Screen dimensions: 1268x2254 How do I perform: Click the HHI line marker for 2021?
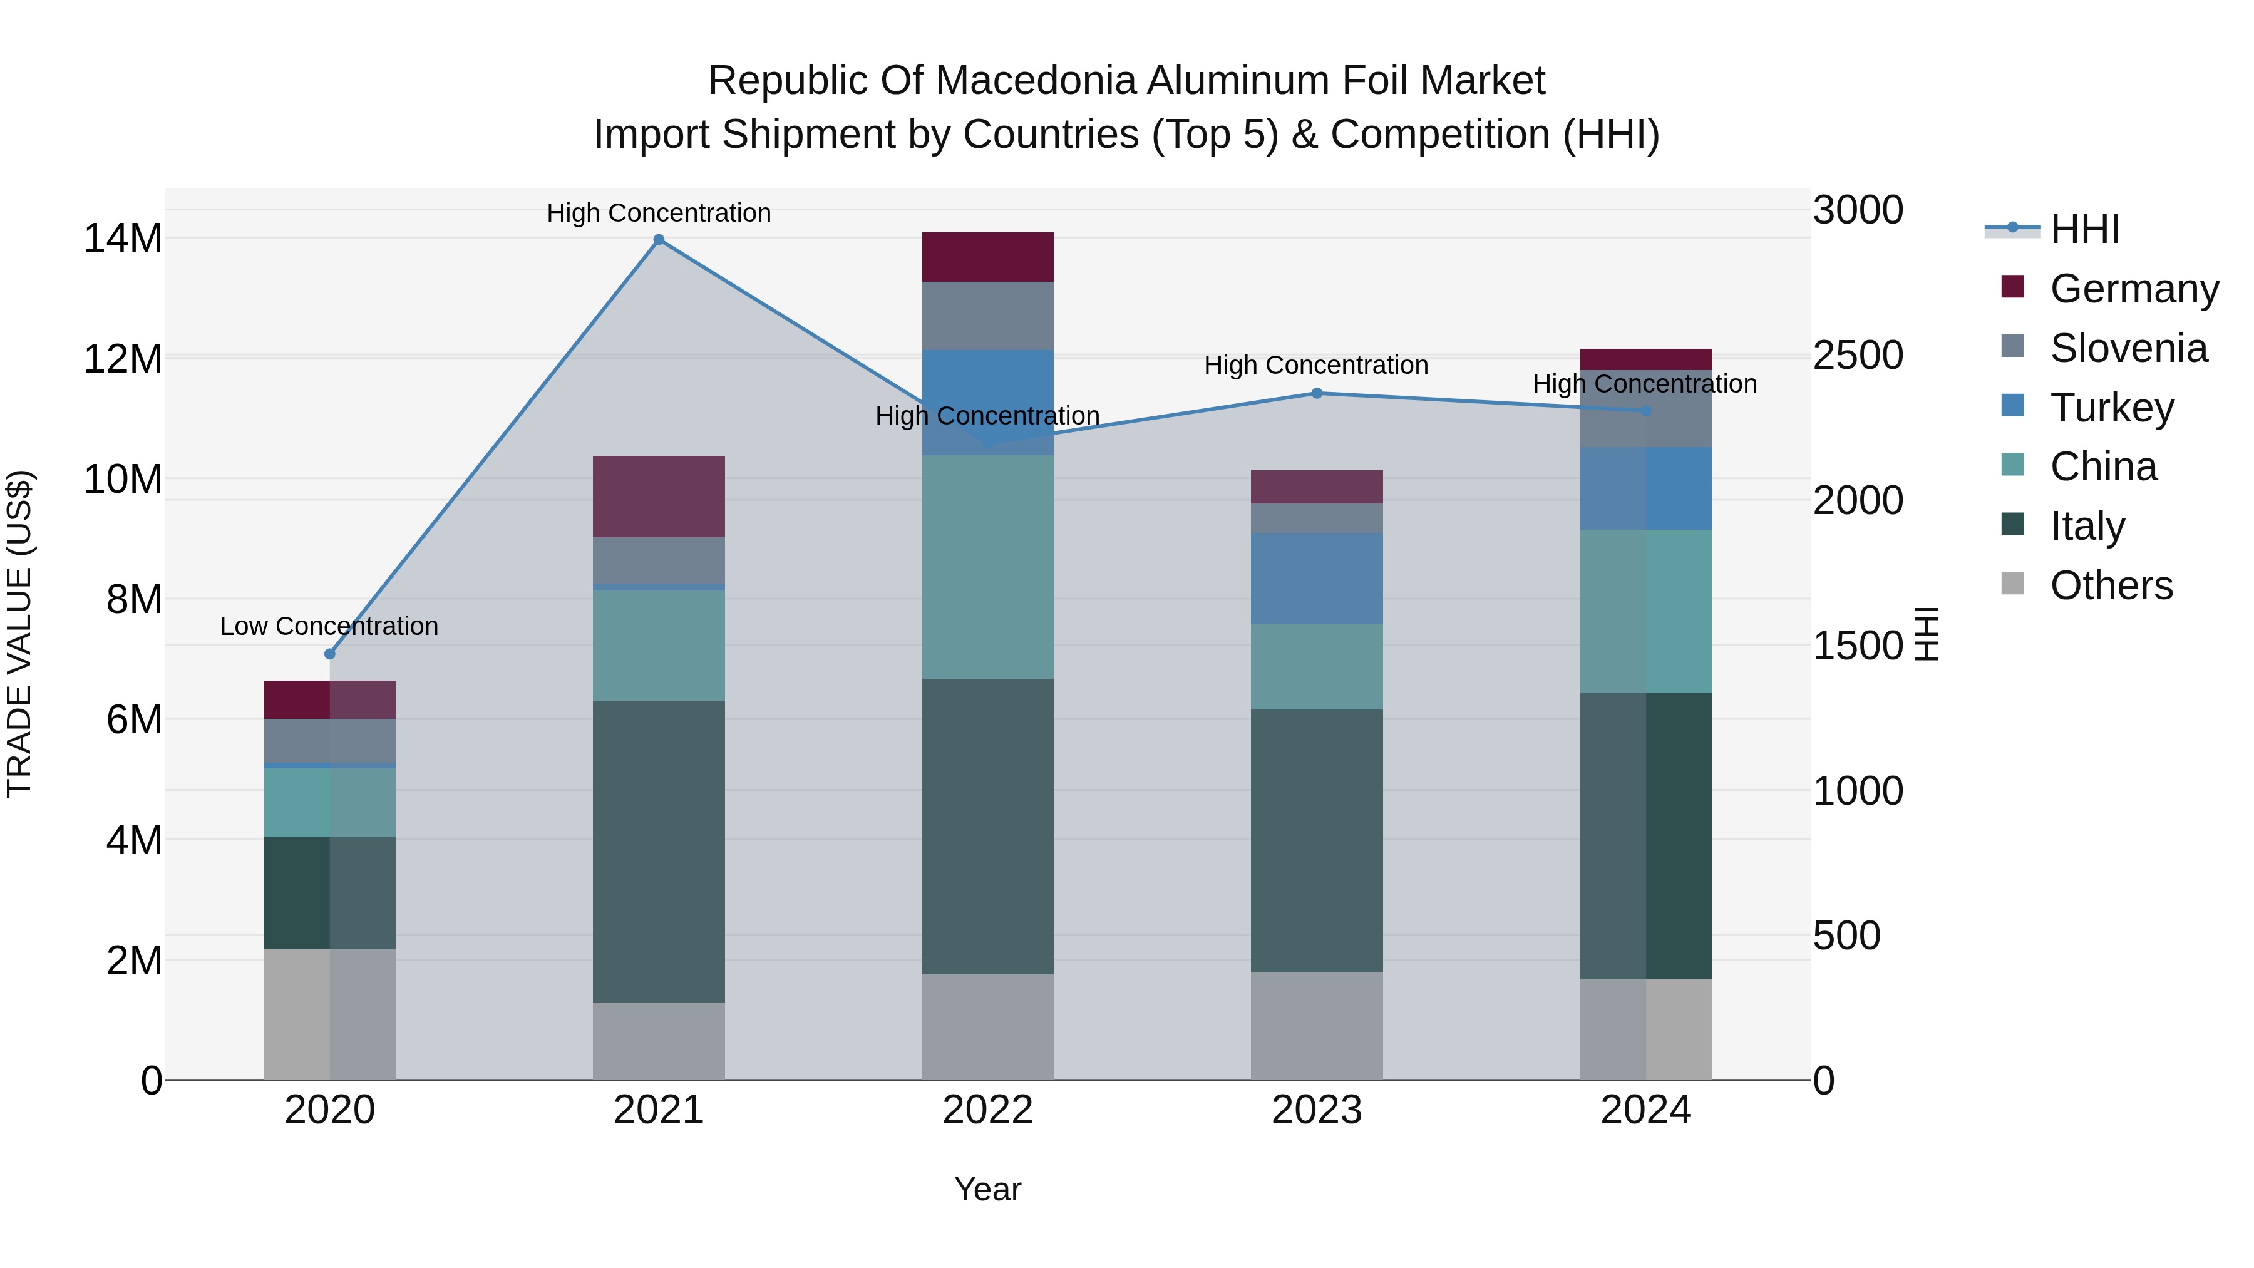click(659, 240)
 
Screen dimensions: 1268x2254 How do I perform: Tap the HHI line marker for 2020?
click(330, 654)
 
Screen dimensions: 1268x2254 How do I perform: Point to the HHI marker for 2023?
click(1317, 393)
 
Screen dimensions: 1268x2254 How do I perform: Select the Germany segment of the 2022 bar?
click(988, 257)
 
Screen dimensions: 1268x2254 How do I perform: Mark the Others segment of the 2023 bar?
click(1317, 1026)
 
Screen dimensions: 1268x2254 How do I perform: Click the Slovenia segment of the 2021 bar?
click(659, 560)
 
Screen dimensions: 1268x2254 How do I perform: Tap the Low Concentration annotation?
click(329, 627)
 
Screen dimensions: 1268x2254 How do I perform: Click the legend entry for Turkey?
click(2111, 408)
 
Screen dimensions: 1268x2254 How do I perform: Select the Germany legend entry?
click(2133, 289)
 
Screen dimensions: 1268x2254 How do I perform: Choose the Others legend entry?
click(2111, 585)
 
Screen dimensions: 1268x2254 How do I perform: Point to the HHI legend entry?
click(2084, 229)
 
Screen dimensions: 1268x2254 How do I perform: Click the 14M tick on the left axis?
click(123, 238)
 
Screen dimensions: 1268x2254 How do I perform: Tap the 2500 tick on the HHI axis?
click(1858, 355)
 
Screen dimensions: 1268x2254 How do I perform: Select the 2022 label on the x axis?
click(988, 1110)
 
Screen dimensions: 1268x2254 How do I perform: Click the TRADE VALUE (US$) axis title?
click(19, 634)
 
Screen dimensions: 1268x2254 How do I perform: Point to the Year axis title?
click(988, 1189)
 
